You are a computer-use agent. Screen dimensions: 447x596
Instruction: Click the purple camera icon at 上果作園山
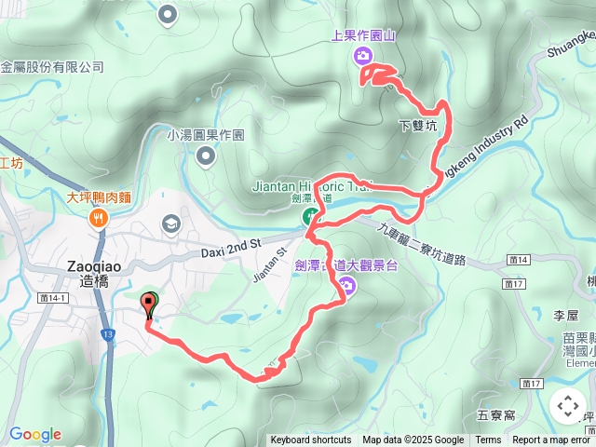[364, 56]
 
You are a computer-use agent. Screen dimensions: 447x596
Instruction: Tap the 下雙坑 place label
[416, 126]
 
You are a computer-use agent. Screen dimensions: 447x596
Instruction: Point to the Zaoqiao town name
[91, 264]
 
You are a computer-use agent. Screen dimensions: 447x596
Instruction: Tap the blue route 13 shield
[109, 333]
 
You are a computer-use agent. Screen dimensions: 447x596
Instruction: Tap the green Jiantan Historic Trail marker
[309, 218]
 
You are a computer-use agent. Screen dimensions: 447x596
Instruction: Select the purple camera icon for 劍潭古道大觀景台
[346, 285]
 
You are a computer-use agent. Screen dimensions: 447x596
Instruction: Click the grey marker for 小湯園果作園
[205, 155]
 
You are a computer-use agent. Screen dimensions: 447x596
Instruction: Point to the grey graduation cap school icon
[170, 223]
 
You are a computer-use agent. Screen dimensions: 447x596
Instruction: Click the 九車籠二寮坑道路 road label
[421, 246]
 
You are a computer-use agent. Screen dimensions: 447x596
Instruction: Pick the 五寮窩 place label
[494, 414]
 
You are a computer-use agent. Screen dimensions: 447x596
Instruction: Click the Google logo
[34, 434]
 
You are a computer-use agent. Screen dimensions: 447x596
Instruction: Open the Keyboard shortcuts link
[311, 440]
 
